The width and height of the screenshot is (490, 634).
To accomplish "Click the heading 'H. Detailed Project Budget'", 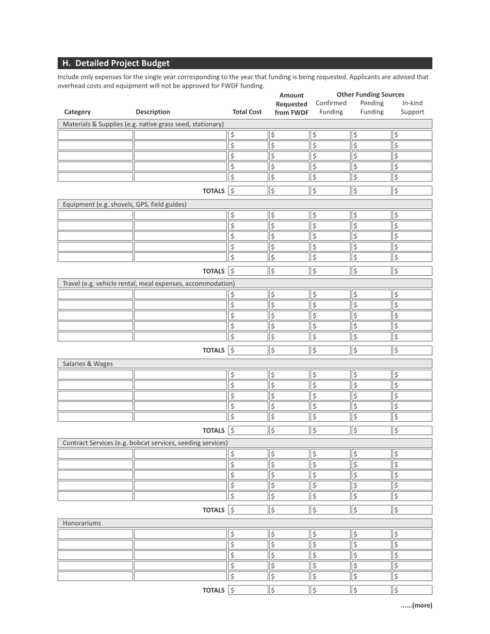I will tap(116, 63).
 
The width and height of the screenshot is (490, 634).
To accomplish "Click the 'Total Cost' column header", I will tap(247, 112).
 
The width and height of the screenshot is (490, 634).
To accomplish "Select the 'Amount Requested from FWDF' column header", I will tap(291, 104).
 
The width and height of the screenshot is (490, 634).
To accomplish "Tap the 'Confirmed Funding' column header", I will tap(331, 107).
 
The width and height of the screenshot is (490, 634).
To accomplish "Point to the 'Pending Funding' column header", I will tap(371, 107).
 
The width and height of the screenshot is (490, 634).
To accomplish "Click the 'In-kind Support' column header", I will tap(412, 107).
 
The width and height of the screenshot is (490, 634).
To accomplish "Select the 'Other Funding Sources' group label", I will tap(370, 94).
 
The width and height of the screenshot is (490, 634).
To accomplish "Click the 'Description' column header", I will tap(153, 112).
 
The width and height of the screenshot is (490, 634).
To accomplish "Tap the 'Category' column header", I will tap(77, 112).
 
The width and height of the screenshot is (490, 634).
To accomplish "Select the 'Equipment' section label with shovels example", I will tap(124, 205).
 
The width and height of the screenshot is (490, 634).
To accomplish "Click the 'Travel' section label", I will tap(149, 283).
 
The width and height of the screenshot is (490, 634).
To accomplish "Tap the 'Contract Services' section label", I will tap(145, 443).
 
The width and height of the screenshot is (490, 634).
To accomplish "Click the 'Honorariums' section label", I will tap(82, 523).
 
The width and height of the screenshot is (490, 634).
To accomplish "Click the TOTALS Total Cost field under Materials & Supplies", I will tap(248, 191).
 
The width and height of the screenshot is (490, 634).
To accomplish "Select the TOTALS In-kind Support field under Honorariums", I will tap(412, 590).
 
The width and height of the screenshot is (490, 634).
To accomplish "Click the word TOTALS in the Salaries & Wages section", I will tap(214, 430).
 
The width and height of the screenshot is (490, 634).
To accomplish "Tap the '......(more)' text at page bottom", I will tap(416, 606).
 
